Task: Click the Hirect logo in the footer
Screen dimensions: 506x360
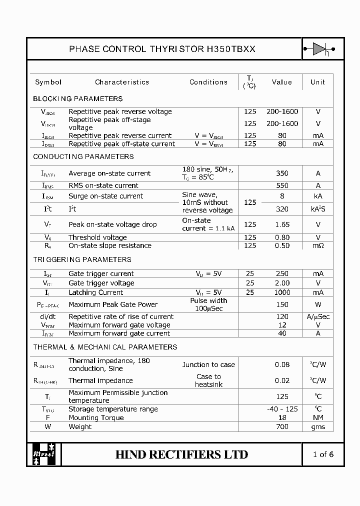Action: [x=44, y=454]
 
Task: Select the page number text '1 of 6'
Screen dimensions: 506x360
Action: [x=323, y=454]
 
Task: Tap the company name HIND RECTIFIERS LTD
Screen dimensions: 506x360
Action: [x=181, y=454]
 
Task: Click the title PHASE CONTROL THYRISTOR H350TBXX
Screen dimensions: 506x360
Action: [x=162, y=49]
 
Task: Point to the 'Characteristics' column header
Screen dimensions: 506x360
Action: [x=122, y=82]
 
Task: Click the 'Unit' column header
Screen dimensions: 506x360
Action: [x=317, y=82]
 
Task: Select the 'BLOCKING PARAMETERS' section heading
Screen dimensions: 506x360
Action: [x=77, y=98]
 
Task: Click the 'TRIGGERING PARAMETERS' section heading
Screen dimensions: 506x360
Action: [x=82, y=259]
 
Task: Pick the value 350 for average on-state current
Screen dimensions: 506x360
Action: [x=282, y=173]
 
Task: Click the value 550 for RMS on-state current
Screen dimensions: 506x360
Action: [x=282, y=185]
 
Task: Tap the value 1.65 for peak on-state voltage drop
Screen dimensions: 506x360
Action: [x=282, y=224]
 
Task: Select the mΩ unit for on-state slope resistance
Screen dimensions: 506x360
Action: [x=318, y=245]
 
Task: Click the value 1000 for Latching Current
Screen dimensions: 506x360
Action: [x=282, y=292]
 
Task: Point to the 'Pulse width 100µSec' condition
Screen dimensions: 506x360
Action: [x=208, y=304]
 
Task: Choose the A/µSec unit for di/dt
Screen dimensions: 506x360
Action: [x=318, y=316]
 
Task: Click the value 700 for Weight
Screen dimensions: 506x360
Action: [x=282, y=426]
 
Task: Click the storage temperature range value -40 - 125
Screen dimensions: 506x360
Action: [x=282, y=409]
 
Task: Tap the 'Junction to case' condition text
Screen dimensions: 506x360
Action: [x=208, y=365]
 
